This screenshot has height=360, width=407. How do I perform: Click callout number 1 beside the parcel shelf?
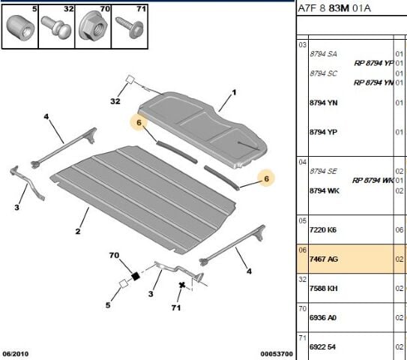232,92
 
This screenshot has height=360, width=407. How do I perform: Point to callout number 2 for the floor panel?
77,232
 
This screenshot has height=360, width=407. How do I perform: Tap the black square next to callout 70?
136,276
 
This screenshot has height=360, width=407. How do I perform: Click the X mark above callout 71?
181,285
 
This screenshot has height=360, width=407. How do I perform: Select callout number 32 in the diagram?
115,101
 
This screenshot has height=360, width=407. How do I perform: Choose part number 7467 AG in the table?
324,259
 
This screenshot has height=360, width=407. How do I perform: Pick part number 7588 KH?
324,288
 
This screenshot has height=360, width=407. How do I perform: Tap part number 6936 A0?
324,317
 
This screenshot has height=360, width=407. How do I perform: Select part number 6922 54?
324,346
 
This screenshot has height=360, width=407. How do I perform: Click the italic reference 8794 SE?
324,171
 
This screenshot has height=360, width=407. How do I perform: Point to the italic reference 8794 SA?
324,54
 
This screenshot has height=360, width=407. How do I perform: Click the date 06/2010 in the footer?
17,353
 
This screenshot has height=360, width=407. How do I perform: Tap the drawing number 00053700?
276,353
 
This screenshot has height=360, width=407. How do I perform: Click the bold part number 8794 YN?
324,103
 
